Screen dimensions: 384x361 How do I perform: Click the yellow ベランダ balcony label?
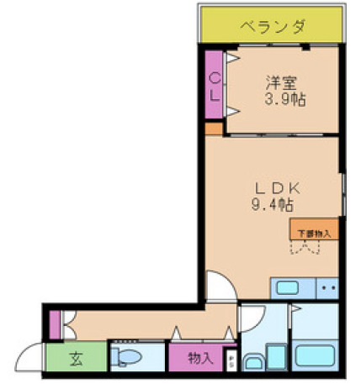tap(271, 26)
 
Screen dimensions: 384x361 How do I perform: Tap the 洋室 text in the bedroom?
tap(283, 83)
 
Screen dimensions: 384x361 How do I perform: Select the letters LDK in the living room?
tap(273, 187)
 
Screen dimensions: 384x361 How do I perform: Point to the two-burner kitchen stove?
tap(328, 288)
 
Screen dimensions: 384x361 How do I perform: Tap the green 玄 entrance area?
tap(76, 360)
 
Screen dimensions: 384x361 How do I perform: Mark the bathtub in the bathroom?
tap(314, 355)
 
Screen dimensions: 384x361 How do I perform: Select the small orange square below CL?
tap(214, 129)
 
